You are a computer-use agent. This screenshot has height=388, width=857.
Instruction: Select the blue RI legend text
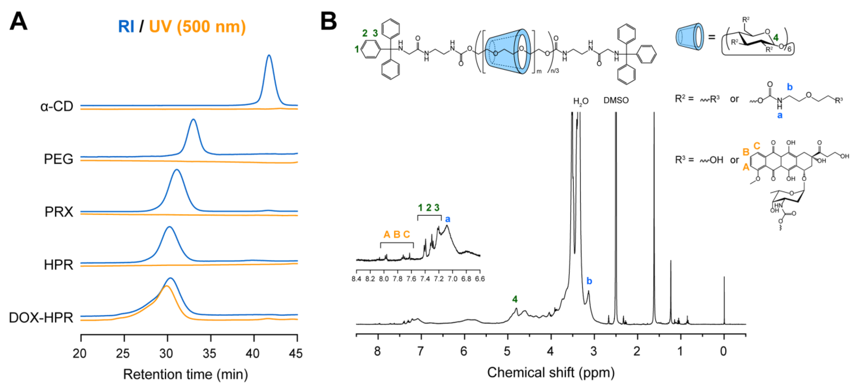126,27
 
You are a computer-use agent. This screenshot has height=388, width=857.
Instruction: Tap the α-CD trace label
57,107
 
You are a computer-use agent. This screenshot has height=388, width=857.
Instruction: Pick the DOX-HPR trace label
41,318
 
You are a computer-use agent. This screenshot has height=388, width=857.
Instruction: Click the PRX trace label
59,212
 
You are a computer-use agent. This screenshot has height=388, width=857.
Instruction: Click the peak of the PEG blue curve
193,120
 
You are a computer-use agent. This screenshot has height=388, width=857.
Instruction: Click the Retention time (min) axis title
186,374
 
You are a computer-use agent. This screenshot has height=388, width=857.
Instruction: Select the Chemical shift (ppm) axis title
551,372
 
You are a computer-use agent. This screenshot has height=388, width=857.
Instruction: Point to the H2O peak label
581,101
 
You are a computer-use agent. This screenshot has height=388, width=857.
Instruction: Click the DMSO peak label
616,100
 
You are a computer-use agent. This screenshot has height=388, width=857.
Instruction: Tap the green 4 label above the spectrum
515,299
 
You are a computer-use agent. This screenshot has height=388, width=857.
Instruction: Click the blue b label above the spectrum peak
589,281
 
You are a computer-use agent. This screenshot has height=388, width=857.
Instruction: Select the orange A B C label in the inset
397,234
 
